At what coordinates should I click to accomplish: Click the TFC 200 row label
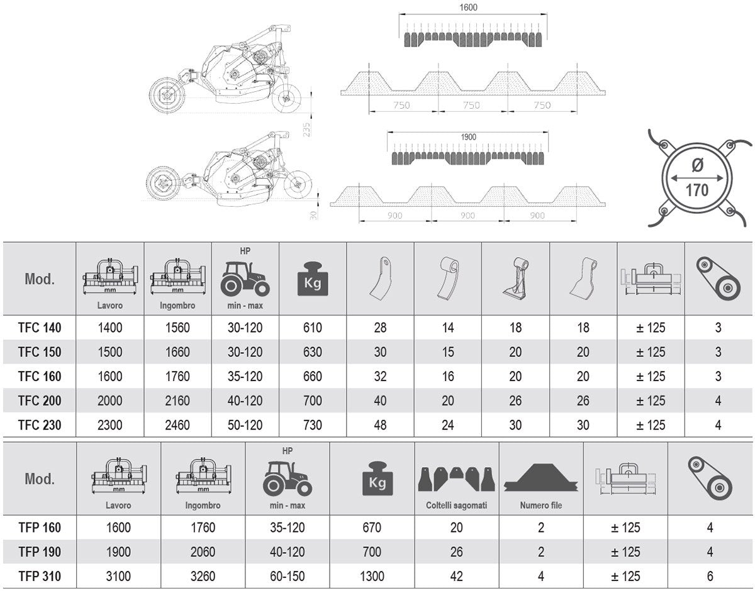[x=40, y=400]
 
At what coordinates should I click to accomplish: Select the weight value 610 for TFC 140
[x=312, y=328]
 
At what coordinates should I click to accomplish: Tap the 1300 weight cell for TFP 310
[x=372, y=576]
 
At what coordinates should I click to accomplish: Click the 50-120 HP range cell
[x=245, y=425]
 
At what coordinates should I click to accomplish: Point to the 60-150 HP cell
[x=288, y=576]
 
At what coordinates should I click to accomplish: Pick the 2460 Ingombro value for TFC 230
[x=177, y=425]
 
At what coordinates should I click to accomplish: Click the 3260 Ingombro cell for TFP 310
[x=203, y=576]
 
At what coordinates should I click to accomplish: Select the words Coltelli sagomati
[x=457, y=505]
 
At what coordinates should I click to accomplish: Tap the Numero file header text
[x=541, y=505]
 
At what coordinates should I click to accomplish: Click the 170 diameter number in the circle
[x=697, y=190]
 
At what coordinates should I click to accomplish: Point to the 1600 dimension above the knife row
[x=468, y=8]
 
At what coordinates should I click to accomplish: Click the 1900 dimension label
[x=468, y=137]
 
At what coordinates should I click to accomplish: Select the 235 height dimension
[x=306, y=129]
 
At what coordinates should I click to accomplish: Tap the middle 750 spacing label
[x=471, y=105]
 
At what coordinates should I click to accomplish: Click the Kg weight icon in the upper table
[x=313, y=279]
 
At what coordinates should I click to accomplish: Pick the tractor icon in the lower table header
[x=288, y=478]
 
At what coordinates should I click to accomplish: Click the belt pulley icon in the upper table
[x=719, y=279]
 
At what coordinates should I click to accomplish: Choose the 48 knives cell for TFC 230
[x=380, y=425]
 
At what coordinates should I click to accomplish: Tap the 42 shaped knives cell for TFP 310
[x=457, y=576]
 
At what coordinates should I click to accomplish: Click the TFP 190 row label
[x=40, y=552]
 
